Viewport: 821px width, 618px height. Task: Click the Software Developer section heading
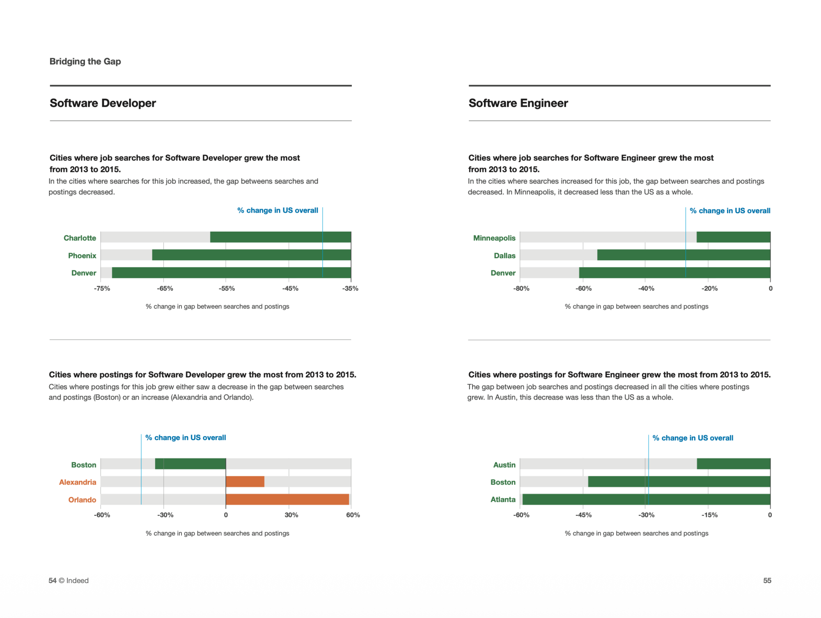[x=103, y=103]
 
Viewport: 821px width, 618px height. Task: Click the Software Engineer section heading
[x=518, y=103]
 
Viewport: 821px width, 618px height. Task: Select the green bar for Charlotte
[x=280, y=237]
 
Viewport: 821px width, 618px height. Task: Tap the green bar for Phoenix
[x=251, y=255]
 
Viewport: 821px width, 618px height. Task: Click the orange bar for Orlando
[x=287, y=499]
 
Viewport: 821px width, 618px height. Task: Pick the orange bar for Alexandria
[x=245, y=482]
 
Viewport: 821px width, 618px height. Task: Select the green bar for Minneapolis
[x=733, y=237]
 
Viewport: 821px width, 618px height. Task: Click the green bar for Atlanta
[x=646, y=499]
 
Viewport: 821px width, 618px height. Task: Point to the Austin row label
[x=504, y=465]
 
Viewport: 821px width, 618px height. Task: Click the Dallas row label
[x=505, y=255]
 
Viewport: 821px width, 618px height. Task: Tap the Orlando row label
[x=82, y=500]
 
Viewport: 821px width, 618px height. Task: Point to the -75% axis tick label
[x=102, y=288]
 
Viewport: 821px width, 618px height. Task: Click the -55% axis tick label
[x=227, y=288]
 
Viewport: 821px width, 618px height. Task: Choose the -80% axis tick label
[x=521, y=288]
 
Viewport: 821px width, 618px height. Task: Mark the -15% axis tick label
[x=709, y=515]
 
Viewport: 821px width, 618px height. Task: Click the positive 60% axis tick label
[x=353, y=515]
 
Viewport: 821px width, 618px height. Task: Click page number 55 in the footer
[x=767, y=581]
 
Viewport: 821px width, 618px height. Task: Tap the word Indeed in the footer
[x=77, y=581]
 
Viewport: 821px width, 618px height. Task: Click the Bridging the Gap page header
[x=85, y=62]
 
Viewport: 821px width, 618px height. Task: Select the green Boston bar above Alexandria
[x=190, y=464]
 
